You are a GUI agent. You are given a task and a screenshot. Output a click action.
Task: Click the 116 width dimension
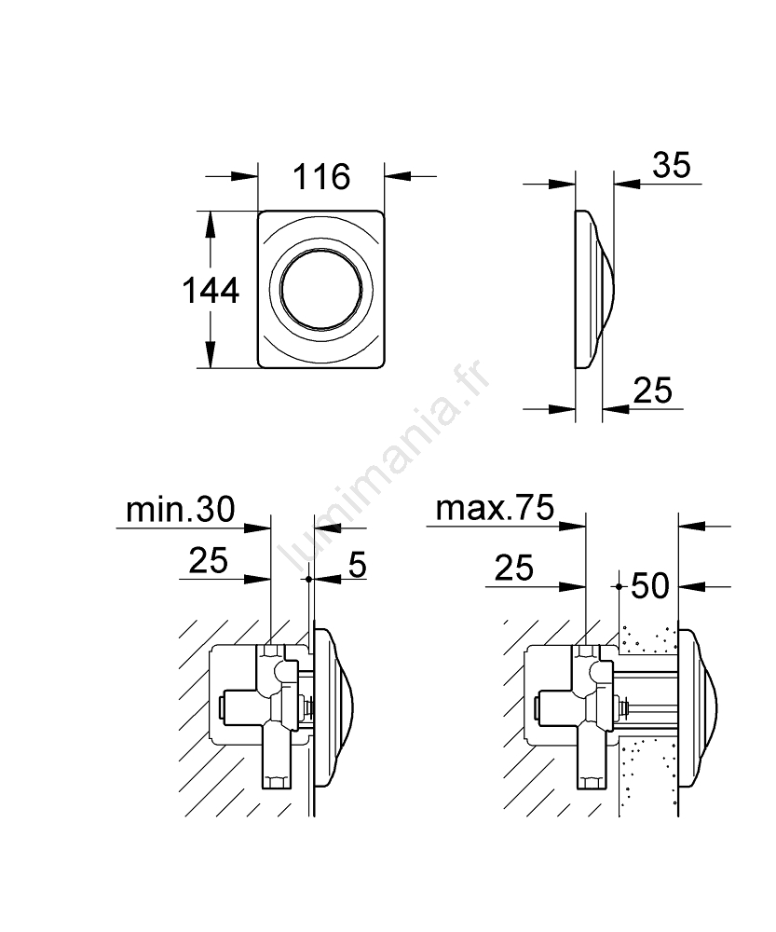pyautogui.click(x=321, y=177)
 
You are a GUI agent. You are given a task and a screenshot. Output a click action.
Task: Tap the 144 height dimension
pyautogui.click(x=211, y=291)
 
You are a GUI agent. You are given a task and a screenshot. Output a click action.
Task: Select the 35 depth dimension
pyautogui.click(x=672, y=165)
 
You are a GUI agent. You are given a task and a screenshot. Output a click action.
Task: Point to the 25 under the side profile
pyautogui.click(x=652, y=391)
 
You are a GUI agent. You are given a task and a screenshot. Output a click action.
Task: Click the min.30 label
pyautogui.click(x=181, y=510)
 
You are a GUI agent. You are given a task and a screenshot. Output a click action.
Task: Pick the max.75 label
pyautogui.click(x=495, y=508)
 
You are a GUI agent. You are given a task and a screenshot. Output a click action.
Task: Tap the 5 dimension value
pyautogui.click(x=357, y=564)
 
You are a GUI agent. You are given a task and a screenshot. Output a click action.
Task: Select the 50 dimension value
pyautogui.click(x=650, y=586)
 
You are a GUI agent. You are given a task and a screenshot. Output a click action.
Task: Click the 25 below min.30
pyautogui.click(x=208, y=560)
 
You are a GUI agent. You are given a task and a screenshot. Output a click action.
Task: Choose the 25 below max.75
pyautogui.click(x=514, y=568)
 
